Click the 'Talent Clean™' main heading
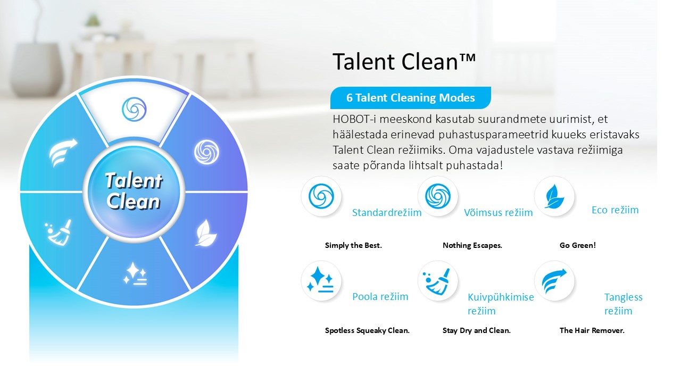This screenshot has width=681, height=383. click(x=404, y=61)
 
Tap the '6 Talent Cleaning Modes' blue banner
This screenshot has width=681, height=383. click(x=410, y=98)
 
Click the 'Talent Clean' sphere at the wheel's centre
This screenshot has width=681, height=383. click(x=134, y=192)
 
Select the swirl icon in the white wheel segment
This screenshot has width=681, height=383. click(x=134, y=110)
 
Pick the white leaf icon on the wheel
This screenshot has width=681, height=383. click(x=206, y=233)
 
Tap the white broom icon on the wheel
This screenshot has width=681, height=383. click(x=59, y=232)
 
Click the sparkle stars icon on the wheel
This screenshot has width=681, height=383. click(x=135, y=273)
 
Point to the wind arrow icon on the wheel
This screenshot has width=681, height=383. click(x=63, y=153)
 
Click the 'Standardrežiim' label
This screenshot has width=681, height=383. click(x=387, y=212)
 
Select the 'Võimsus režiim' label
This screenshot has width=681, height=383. click(x=499, y=212)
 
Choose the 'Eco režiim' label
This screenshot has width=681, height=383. click(x=615, y=210)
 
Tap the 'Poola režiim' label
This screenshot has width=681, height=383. click(x=380, y=297)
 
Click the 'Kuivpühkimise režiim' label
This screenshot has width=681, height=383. click(x=501, y=304)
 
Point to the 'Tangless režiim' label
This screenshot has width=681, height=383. click(x=623, y=304)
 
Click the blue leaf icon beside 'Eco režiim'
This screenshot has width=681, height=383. click(x=554, y=196)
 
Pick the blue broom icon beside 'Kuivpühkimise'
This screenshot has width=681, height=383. click(x=438, y=281)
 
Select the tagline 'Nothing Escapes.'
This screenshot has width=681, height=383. click(x=472, y=245)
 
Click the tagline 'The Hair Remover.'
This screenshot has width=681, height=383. click(x=592, y=330)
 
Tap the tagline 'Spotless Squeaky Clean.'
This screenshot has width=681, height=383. click(x=367, y=330)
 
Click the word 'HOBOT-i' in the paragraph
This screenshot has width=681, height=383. click(x=354, y=119)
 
